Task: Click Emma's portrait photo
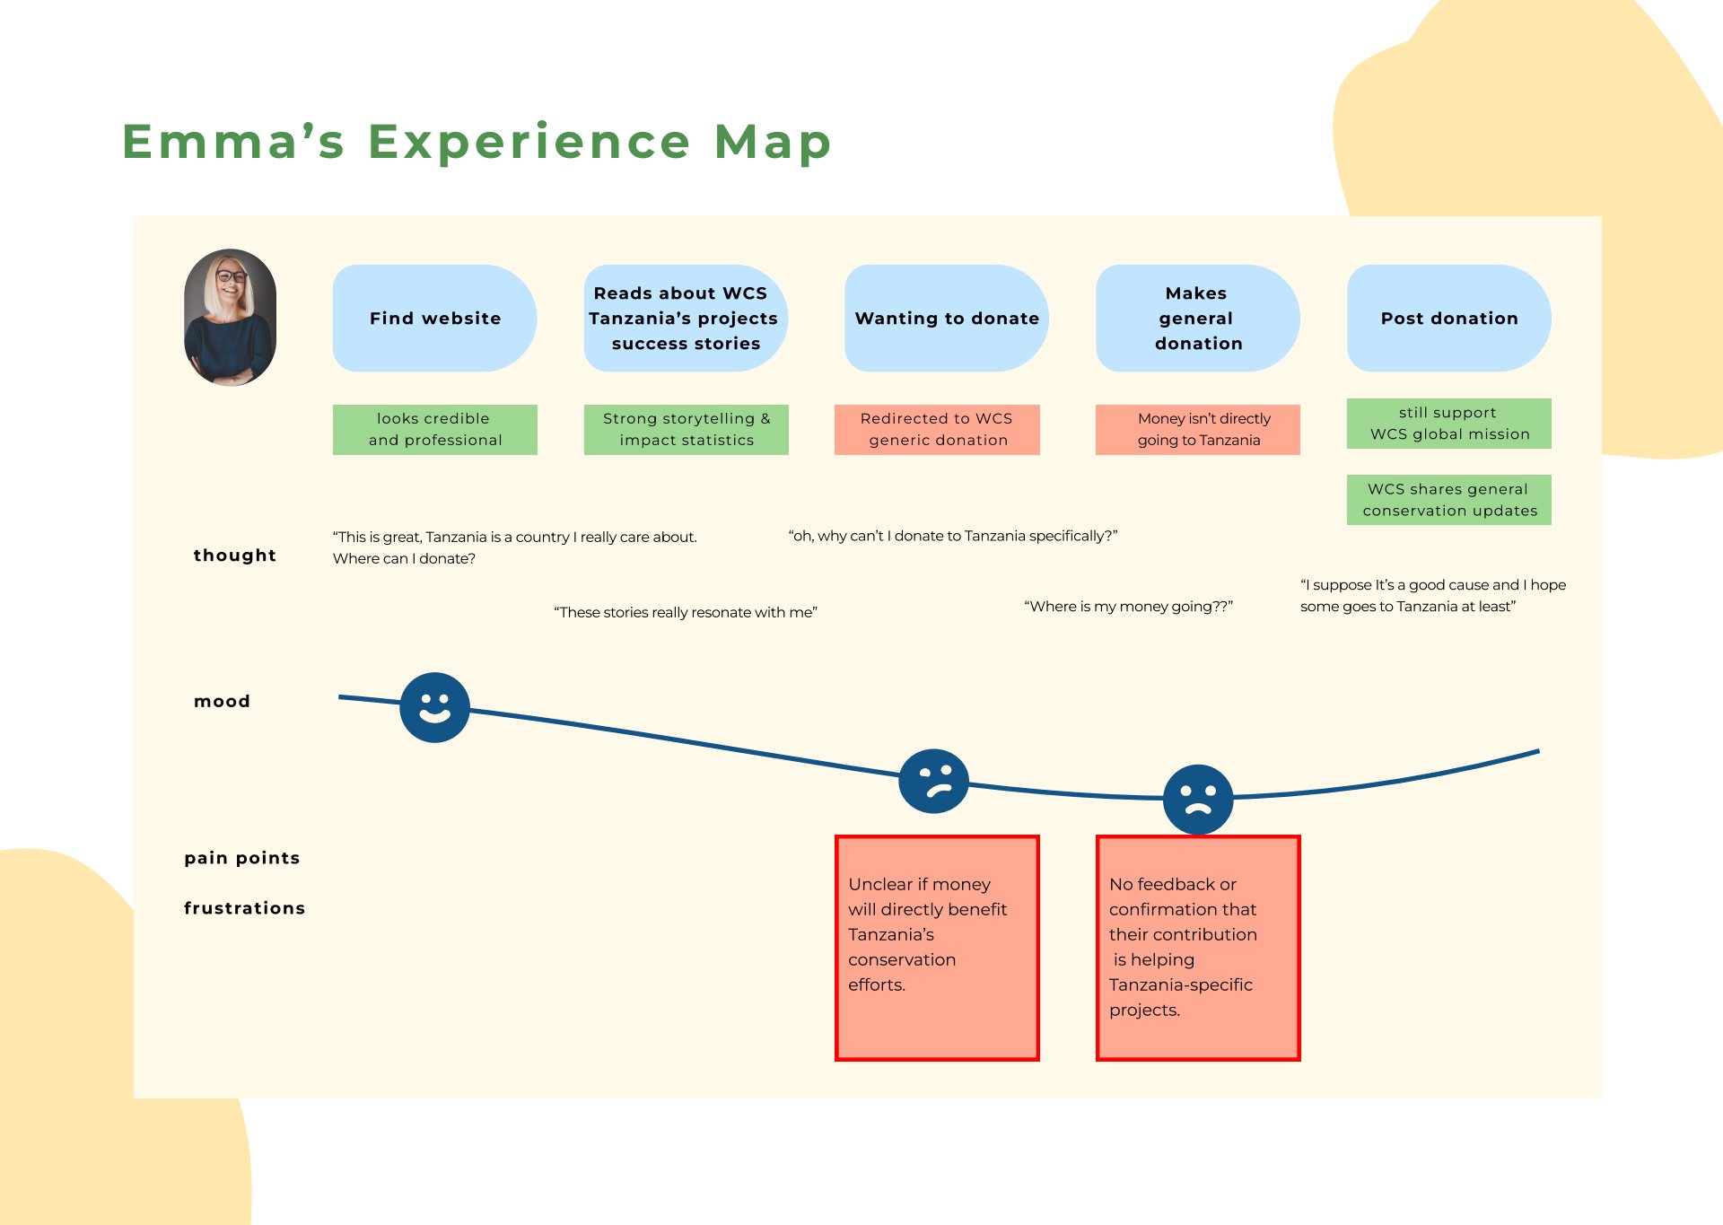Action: click(230, 318)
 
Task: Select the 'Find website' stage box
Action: click(434, 318)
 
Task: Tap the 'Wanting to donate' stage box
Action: click(946, 318)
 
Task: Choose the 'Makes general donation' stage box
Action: click(1197, 318)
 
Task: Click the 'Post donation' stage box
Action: click(1448, 318)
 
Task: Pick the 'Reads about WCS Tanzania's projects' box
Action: click(685, 318)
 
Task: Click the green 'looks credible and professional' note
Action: click(434, 429)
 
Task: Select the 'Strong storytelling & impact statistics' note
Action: click(686, 429)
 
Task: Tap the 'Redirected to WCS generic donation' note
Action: click(937, 429)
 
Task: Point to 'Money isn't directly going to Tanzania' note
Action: click(1197, 429)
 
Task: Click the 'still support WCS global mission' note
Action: click(1448, 423)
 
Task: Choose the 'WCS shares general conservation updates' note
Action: click(1448, 499)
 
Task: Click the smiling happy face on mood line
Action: click(434, 707)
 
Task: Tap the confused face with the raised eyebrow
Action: click(933, 781)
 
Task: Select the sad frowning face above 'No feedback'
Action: click(1197, 799)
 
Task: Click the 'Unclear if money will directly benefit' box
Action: click(937, 948)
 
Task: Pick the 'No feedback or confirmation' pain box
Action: click(1197, 948)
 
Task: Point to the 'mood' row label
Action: click(222, 701)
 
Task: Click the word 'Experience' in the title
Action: click(529, 142)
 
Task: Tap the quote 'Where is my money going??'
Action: click(1128, 607)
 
